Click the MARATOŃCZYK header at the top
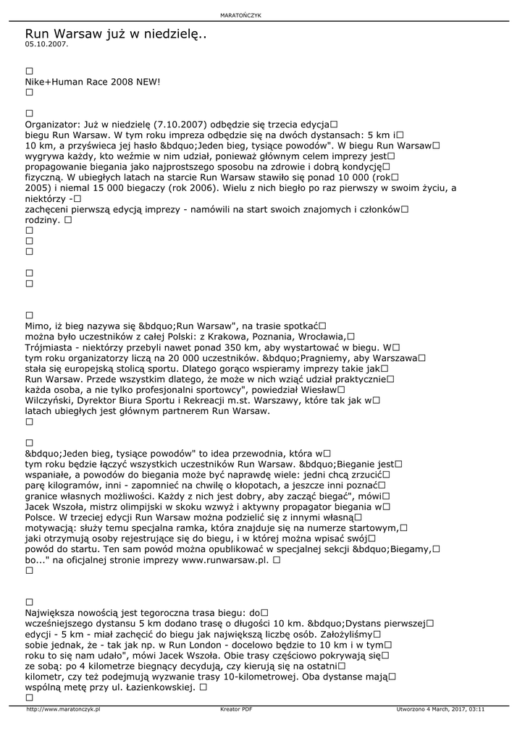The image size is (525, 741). (x=261, y=15)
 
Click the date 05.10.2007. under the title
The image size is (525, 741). (x=46, y=44)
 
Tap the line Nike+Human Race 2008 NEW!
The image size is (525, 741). (x=93, y=82)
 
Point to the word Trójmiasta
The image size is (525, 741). (x=48, y=347)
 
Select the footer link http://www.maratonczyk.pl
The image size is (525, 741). (x=63, y=709)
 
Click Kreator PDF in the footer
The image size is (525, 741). (x=236, y=709)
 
